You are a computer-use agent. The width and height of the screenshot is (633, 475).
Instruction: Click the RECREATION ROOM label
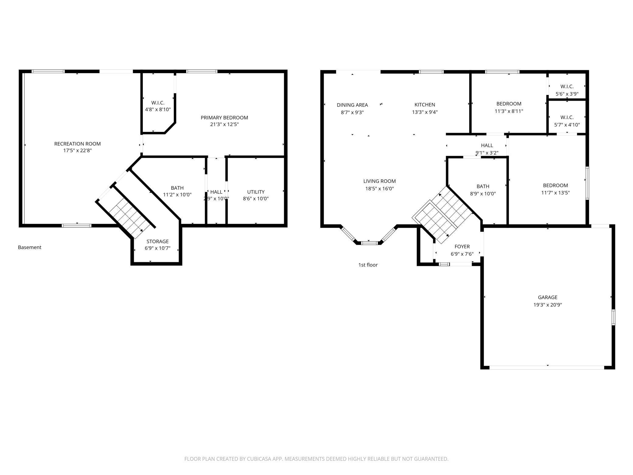(x=77, y=144)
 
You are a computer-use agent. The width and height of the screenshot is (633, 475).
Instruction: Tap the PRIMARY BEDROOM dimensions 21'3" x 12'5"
(x=224, y=125)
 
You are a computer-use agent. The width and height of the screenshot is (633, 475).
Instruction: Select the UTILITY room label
(x=256, y=192)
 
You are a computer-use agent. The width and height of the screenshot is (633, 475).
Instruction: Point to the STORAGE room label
(x=158, y=241)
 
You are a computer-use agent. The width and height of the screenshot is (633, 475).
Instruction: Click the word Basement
(x=30, y=247)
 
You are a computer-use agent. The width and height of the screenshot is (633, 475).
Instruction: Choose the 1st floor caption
(x=368, y=265)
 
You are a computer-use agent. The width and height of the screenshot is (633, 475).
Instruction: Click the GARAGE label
(x=547, y=297)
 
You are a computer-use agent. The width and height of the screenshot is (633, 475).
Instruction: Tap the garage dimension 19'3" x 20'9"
(x=547, y=305)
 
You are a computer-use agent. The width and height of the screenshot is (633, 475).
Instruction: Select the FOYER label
(x=462, y=247)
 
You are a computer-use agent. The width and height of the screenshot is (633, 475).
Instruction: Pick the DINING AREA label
(x=352, y=105)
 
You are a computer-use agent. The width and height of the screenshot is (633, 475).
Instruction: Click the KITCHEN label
(x=425, y=105)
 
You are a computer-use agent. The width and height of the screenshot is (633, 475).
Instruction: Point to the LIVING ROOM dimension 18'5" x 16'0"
(x=379, y=188)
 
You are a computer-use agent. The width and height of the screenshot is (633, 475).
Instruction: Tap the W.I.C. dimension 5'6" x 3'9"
(x=567, y=94)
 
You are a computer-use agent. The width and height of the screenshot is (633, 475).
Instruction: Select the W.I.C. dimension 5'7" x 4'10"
(x=567, y=125)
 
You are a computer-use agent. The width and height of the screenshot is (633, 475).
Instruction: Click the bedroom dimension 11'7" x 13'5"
(x=555, y=193)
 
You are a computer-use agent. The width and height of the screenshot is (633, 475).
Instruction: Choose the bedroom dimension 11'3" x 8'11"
(x=509, y=111)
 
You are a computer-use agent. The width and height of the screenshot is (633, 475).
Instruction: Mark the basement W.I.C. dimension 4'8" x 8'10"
(x=158, y=109)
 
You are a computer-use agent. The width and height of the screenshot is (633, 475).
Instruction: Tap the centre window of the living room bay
(x=369, y=243)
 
